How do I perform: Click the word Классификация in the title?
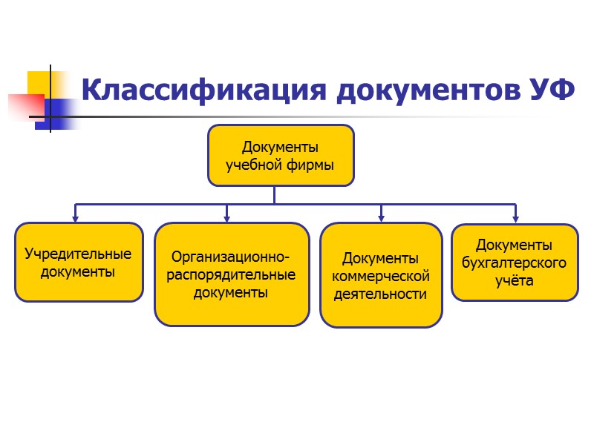tap(203, 90)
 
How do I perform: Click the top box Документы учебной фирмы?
tap(280, 155)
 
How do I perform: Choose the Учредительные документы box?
tap(79, 262)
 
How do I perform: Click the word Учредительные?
tap(78, 254)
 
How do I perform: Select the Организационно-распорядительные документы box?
tap(232, 274)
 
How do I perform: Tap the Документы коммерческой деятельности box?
tap(380, 275)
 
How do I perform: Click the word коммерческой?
tap(381, 276)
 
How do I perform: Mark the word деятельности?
tap(380, 294)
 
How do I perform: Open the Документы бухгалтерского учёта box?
tap(514, 263)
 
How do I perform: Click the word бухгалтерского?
tap(514, 263)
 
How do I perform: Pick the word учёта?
tap(514, 281)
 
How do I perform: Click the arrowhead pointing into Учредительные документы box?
tap(75, 218)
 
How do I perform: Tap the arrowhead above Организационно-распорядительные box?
tap(227, 218)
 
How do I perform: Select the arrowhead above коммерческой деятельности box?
tap(381, 218)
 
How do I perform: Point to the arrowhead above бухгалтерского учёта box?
tap(515, 218)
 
